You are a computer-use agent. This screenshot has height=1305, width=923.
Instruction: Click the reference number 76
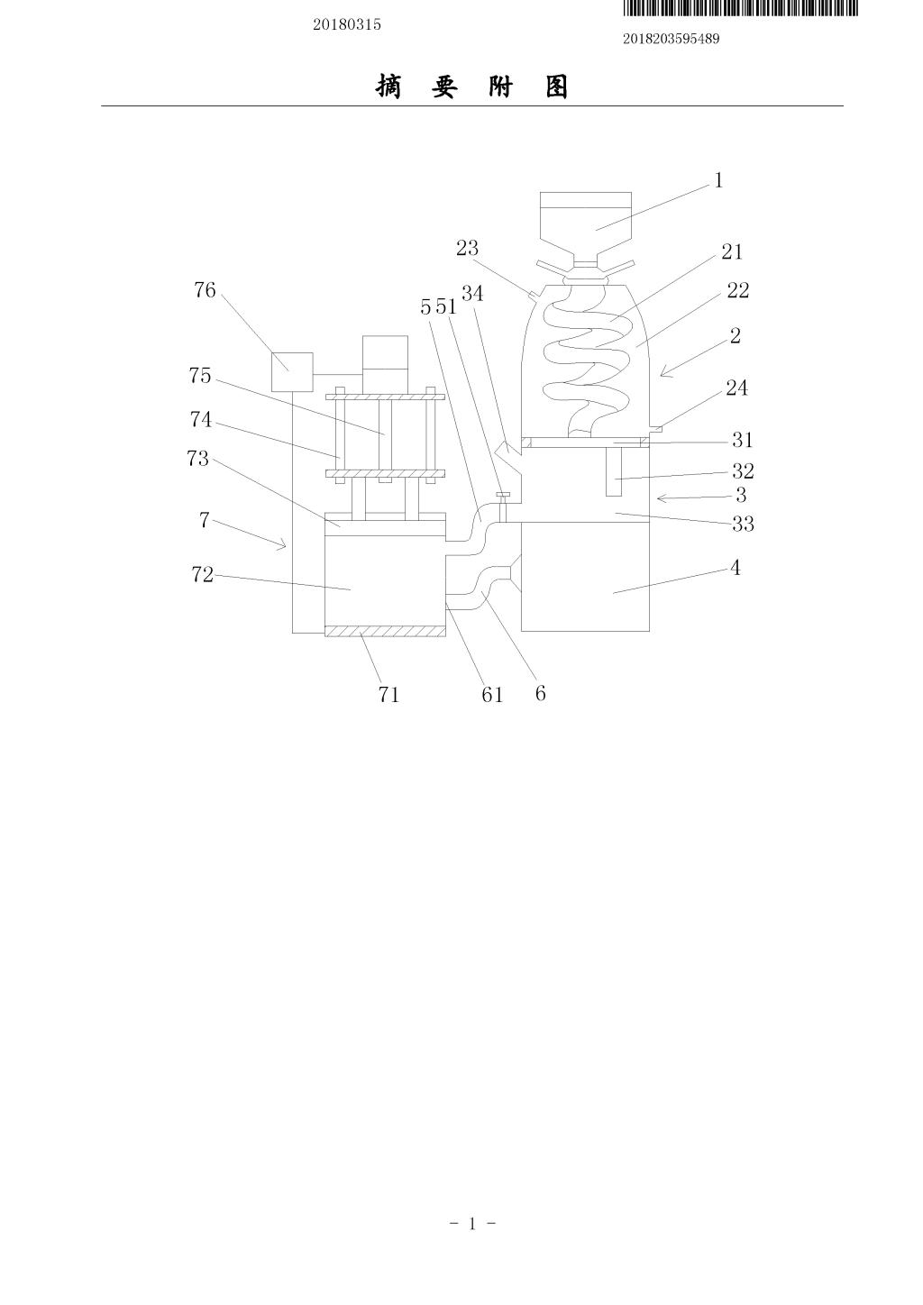(205, 289)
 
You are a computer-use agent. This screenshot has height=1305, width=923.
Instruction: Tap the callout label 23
(467, 248)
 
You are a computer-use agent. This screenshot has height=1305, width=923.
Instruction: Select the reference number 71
(388, 695)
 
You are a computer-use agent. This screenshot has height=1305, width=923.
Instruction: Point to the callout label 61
(492, 695)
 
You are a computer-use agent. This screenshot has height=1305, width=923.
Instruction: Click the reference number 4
(736, 568)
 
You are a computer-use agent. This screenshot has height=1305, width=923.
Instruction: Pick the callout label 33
(743, 524)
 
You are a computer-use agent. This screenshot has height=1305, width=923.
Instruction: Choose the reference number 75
(199, 375)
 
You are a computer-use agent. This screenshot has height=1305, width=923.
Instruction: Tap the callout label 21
(732, 251)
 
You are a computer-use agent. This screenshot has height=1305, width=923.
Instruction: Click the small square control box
(293, 372)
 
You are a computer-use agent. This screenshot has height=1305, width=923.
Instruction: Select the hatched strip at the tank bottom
(385, 631)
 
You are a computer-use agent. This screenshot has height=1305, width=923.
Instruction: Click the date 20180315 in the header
(347, 24)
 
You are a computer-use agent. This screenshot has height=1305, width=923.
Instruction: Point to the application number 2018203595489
(671, 39)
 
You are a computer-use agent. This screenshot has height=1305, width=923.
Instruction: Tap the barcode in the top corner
(741, 8)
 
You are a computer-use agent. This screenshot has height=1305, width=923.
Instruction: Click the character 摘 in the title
(388, 87)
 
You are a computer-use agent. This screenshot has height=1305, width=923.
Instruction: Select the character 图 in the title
(557, 87)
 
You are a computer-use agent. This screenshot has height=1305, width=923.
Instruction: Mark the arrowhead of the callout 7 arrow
(284, 545)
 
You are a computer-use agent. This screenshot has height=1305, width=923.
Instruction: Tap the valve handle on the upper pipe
(503, 495)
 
